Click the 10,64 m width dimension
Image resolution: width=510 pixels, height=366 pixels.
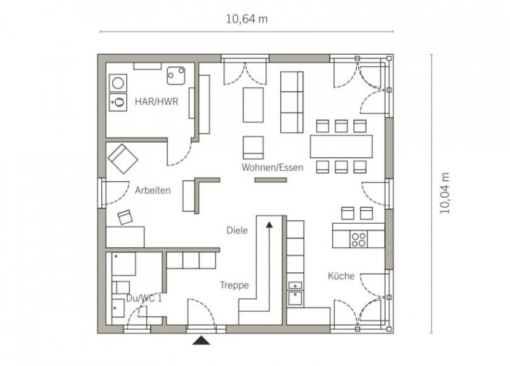[247, 19]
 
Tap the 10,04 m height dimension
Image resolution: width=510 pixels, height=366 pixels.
[445, 193]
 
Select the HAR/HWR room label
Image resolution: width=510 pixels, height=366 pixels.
[156, 102]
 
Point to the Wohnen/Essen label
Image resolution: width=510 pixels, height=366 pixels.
[273, 168]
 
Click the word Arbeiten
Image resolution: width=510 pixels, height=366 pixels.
[152, 190]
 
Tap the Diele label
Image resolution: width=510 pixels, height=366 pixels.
[237, 230]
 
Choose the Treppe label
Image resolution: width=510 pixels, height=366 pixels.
[234, 285]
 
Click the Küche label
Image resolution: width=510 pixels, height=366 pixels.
[341, 276]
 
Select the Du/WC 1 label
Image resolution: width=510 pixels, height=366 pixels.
[144, 298]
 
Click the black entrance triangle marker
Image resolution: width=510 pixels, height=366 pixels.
[201, 340]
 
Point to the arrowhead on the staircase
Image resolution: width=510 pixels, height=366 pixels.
[269, 224]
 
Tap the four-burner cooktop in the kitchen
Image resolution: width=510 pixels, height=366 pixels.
[358, 239]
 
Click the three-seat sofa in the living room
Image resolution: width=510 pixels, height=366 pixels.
[292, 102]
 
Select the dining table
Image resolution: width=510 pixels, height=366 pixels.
[341, 147]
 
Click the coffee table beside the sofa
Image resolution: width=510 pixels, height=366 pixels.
[253, 105]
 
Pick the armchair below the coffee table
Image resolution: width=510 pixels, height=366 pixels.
[253, 148]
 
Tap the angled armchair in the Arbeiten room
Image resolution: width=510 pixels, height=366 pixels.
[122, 159]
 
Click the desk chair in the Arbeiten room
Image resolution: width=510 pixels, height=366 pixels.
[125, 217]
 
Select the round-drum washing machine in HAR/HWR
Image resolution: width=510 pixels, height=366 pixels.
[118, 84]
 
